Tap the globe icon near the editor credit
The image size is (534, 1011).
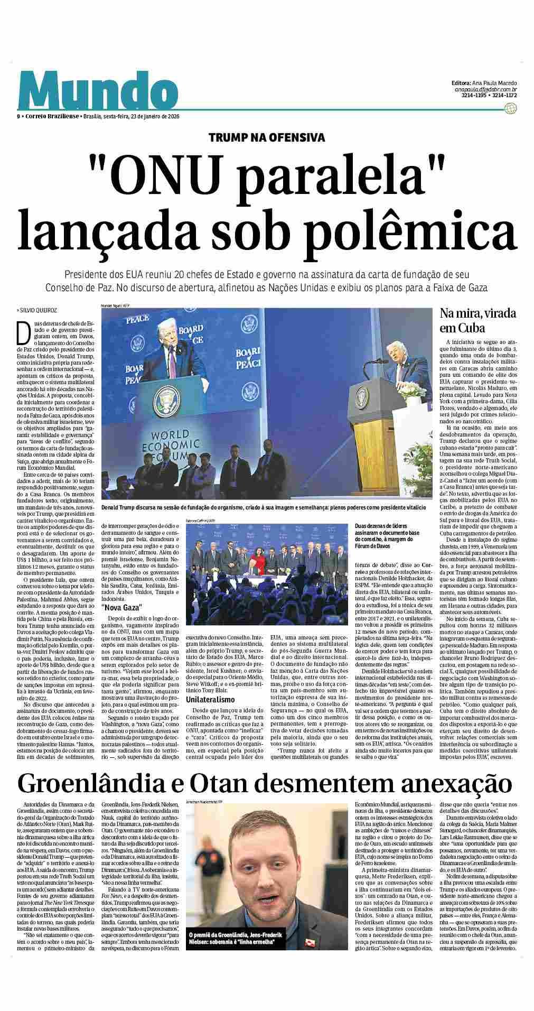point(510,109)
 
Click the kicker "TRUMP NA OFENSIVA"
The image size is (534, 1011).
point(267,138)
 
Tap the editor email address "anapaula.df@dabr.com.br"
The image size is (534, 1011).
point(485,90)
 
